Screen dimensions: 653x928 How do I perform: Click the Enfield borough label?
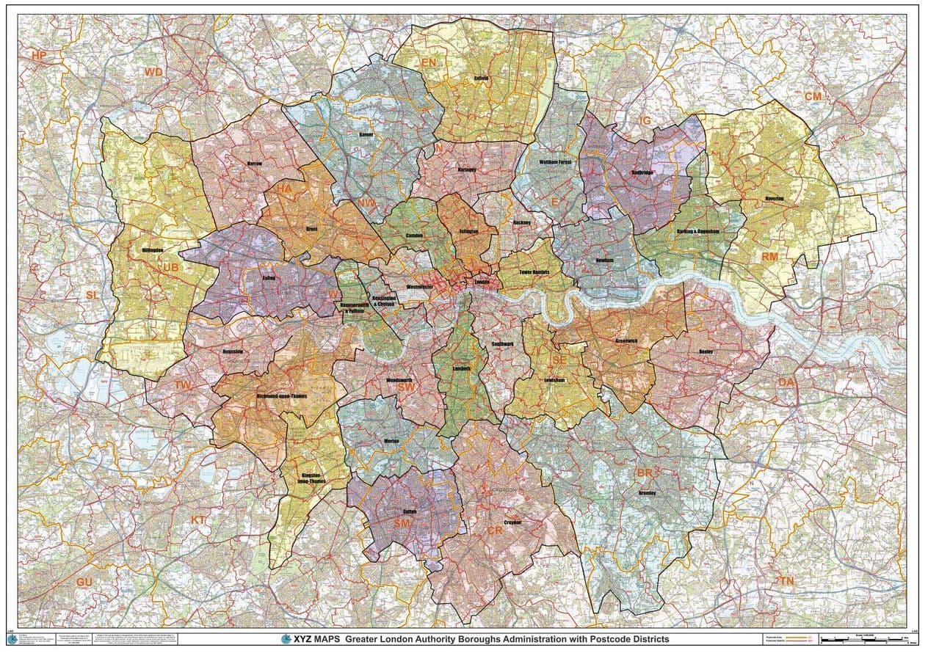tap(481, 76)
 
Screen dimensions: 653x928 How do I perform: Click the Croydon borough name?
tap(512, 522)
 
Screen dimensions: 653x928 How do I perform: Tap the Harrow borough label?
tap(254, 162)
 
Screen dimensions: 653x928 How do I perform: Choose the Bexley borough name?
tap(706, 351)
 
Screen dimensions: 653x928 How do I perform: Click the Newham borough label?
tap(604, 260)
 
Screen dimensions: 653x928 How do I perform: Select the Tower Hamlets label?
tap(534, 271)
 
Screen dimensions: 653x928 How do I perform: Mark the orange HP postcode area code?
tap(38, 55)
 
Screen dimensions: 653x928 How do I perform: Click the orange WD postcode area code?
tap(153, 71)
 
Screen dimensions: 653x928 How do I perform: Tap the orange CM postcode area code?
tap(813, 96)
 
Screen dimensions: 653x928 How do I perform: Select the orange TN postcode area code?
tap(787, 580)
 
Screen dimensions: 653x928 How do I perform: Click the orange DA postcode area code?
tap(786, 382)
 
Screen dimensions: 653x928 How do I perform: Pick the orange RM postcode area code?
tap(769, 256)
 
